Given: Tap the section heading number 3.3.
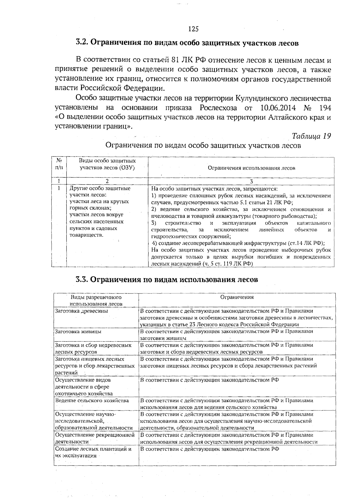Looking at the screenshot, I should coord(82,279).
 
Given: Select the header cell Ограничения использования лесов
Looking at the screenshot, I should coord(251,168).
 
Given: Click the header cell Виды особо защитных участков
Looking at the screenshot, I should coord(107,164).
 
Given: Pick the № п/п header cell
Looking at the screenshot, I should coord(59,164).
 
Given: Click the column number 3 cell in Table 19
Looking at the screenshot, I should coord(251,181).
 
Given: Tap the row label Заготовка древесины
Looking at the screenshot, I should coord(81,311).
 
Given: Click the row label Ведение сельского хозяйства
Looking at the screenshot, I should coord(92,400).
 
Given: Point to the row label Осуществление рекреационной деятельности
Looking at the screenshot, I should coord(94,438).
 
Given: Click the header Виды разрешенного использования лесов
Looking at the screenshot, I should coord(96,300).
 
